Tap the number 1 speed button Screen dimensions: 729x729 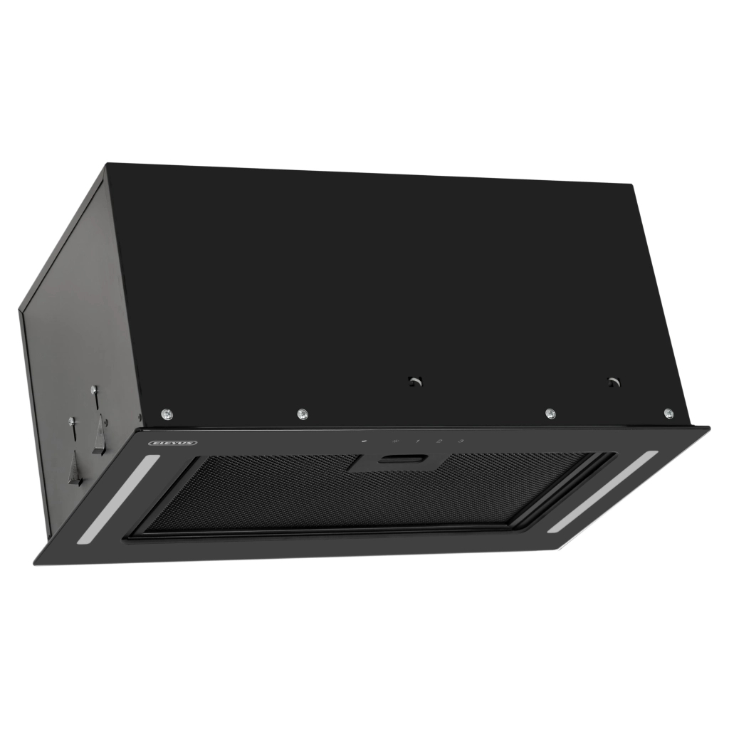(417, 441)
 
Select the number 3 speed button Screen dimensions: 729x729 (461, 441)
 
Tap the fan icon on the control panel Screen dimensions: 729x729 (394, 441)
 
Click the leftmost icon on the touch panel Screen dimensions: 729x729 (364, 441)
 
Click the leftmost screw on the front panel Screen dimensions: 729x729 (166, 413)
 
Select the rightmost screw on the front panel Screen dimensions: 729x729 (668, 413)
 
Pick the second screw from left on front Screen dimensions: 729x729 (302, 413)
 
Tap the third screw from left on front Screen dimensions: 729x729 (550, 413)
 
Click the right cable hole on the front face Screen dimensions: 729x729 (612, 382)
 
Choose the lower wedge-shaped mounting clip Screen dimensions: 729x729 (75, 470)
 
